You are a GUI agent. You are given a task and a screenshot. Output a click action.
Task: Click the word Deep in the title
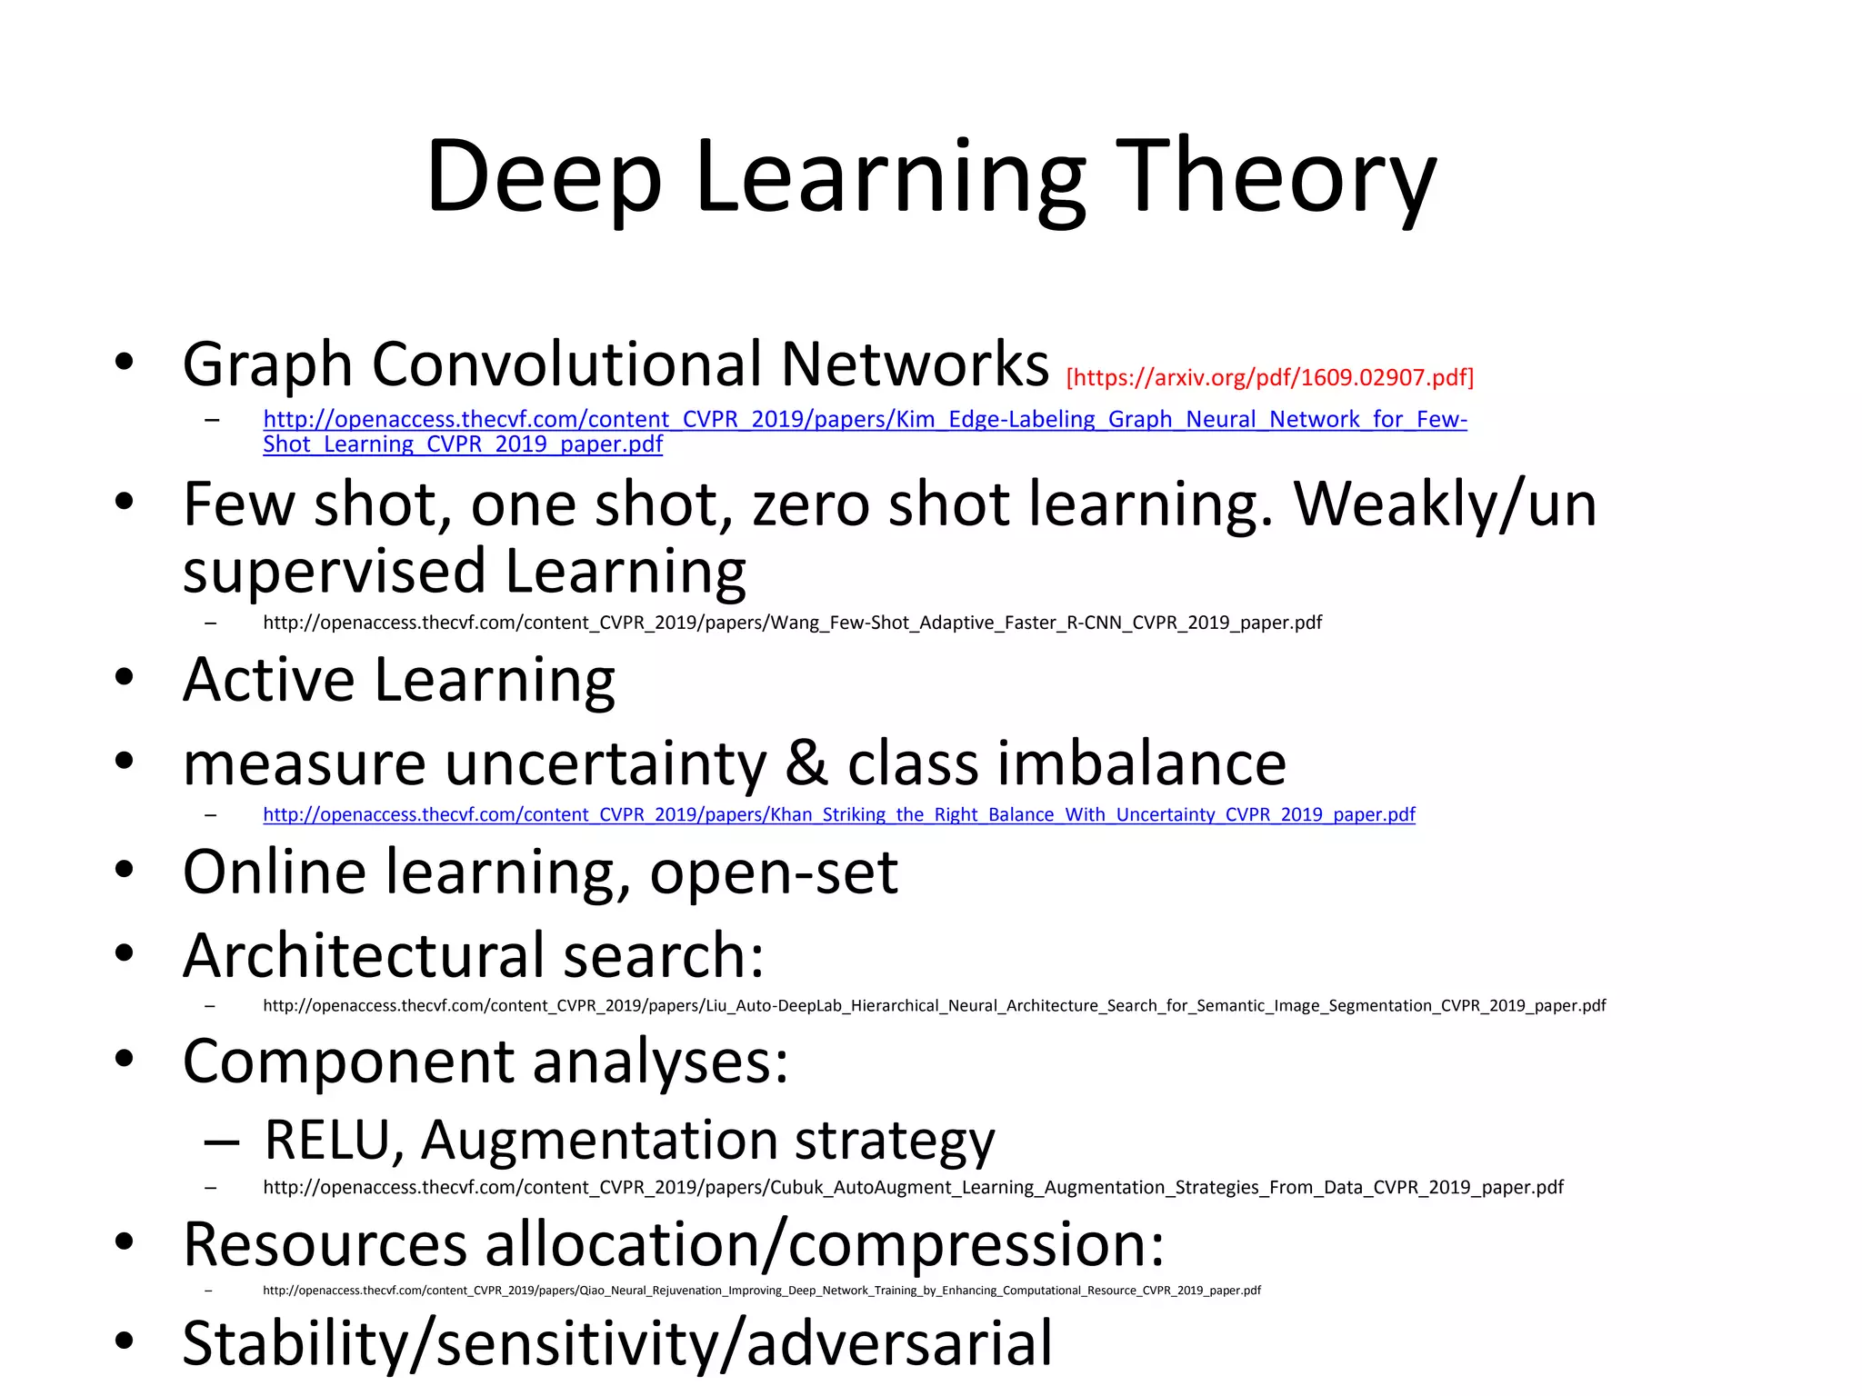(x=543, y=177)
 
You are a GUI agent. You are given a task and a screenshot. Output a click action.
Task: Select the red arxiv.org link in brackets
(x=1269, y=377)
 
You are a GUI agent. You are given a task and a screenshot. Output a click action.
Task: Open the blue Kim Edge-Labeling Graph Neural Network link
(x=864, y=420)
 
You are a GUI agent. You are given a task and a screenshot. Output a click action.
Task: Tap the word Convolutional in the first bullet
(x=567, y=364)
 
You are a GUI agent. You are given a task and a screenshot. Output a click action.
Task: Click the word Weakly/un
(x=1445, y=504)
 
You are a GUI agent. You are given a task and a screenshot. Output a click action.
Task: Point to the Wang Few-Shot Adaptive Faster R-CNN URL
(x=791, y=623)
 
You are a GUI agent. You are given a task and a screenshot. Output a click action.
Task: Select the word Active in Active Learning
(x=268, y=679)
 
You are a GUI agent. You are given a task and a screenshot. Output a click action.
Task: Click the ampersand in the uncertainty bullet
(x=806, y=763)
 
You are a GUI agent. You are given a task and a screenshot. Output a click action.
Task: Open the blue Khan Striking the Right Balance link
(x=838, y=814)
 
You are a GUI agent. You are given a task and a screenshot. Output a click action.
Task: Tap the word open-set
(x=774, y=872)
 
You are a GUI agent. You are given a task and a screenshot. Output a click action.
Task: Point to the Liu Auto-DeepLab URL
(x=934, y=1006)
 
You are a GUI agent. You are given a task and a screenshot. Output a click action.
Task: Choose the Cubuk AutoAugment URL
(x=913, y=1188)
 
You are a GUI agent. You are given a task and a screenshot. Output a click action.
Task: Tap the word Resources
(x=325, y=1244)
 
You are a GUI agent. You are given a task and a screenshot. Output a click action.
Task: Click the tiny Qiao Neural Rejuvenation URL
(x=761, y=1291)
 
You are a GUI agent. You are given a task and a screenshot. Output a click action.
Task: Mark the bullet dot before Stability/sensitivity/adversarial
(x=125, y=1341)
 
